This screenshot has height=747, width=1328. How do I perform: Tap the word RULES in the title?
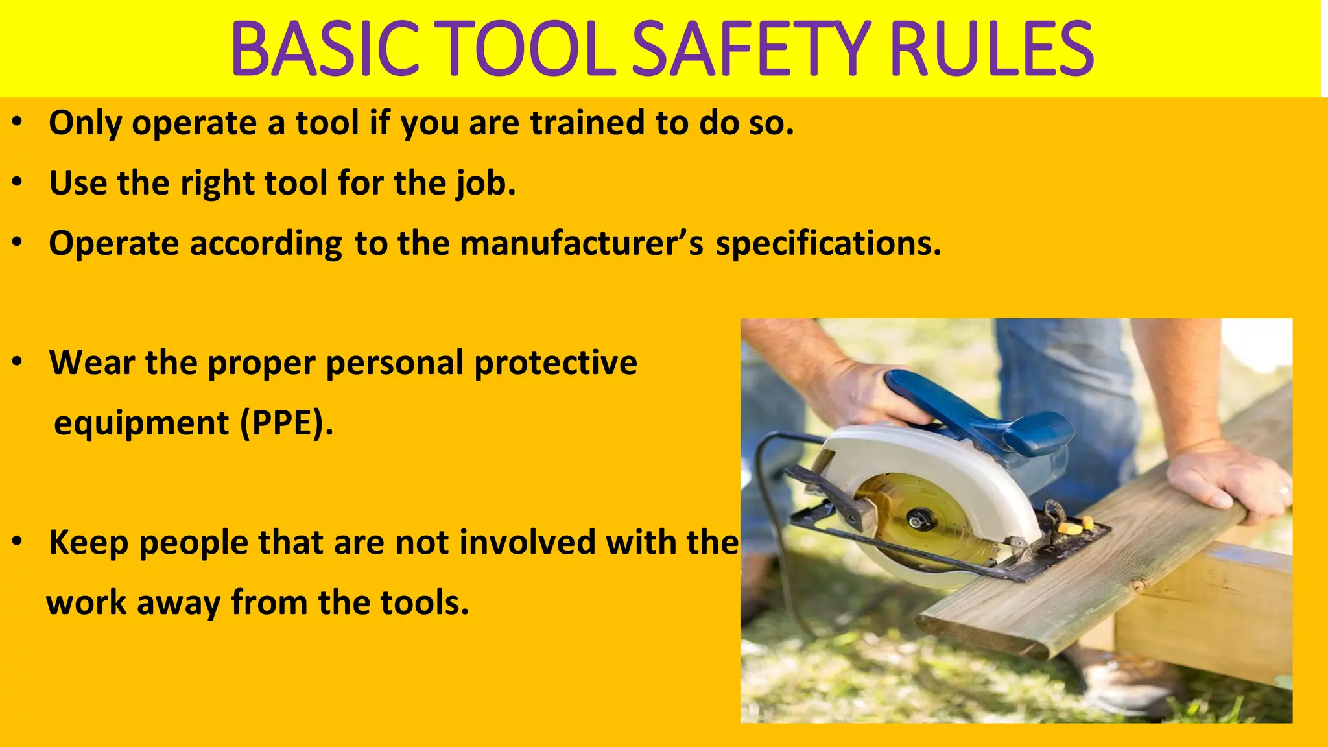pyautogui.click(x=992, y=49)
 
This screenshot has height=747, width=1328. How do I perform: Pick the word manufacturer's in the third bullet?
pyautogui.click(x=582, y=244)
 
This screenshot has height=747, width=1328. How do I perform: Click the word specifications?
pyautogui.click(x=828, y=245)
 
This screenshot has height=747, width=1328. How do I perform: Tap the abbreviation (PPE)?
pyautogui.click(x=286, y=424)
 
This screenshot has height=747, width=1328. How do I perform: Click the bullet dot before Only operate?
pyautogui.click(x=18, y=122)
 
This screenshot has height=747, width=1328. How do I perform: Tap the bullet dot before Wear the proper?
pyautogui.click(x=18, y=362)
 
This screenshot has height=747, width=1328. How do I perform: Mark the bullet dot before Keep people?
pyautogui.click(x=18, y=541)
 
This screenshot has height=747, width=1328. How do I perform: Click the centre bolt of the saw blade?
pyautogui.click(x=918, y=519)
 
